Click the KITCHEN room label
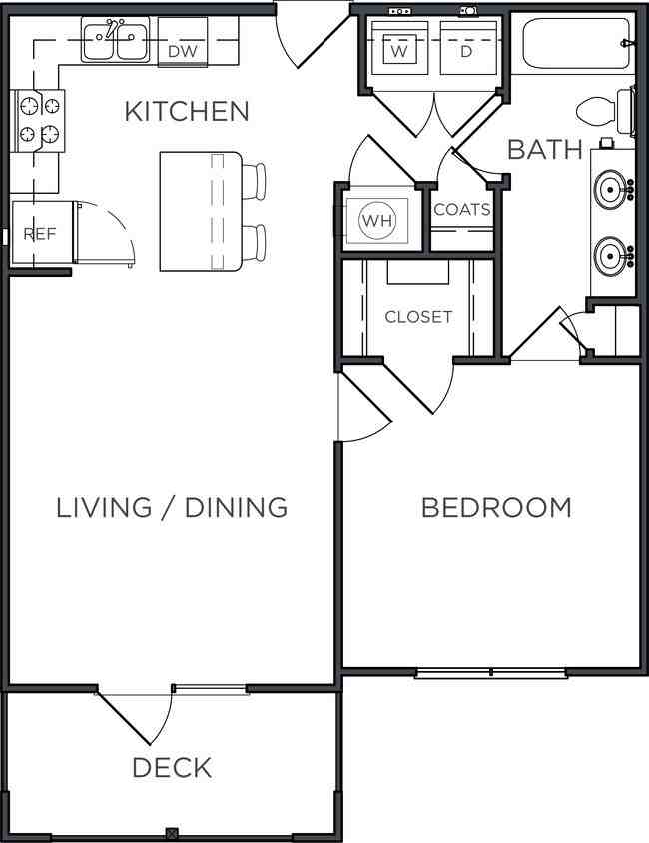click(x=187, y=111)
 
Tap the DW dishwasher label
click(x=183, y=51)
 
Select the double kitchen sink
click(x=116, y=39)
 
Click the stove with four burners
click(x=39, y=121)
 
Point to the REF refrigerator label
click(x=40, y=234)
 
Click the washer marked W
click(x=398, y=49)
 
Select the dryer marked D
click(x=467, y=49)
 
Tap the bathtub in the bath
click(x=574, y=44)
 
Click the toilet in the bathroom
click(x=604, y=112)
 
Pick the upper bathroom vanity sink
click(x=610, y=187)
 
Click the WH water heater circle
click(x=377, y=220)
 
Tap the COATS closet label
click(x=462, y=209)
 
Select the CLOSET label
click(x=418, y=316)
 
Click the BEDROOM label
click(x=496, y=508)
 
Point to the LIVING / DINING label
click(x=172, y=508)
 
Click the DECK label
click(x=172, y=768)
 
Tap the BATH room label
click(x=545, y=150)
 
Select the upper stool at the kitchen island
click(x=254, y=181)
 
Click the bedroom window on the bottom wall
click(x=491, y=673)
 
